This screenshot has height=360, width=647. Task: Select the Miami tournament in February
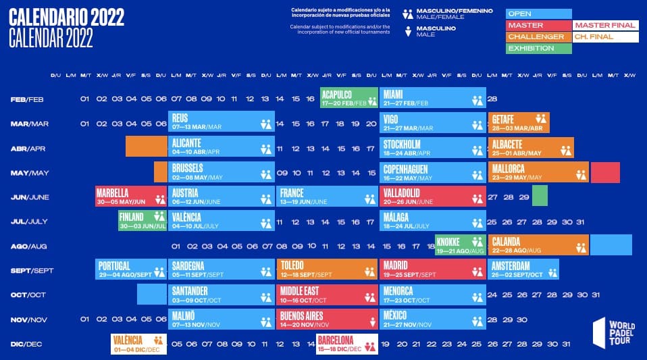tap(433, 98)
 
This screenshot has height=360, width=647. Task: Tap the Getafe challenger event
tap(519, 123)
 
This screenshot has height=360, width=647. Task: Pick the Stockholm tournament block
tap(433, 147)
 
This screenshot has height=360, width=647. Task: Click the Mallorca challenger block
tap(538, 172)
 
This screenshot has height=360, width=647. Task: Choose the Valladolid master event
tap(433, 197)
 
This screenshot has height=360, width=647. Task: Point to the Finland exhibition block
tap(143, 221)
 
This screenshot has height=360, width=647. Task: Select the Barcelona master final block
tap(346, 344)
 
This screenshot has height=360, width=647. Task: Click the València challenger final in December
tap(138, 344)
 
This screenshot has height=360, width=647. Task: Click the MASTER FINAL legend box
tap(605, 25)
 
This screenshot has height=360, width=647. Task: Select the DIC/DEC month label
tap(26, 344)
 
